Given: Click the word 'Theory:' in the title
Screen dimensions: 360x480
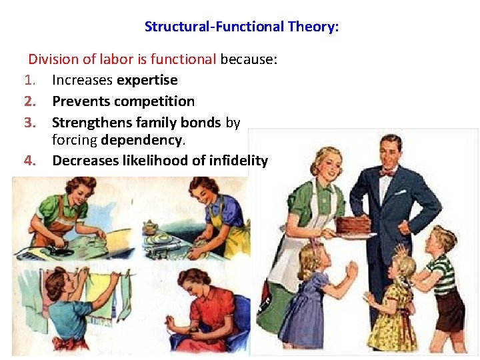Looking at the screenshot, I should click(313, 27).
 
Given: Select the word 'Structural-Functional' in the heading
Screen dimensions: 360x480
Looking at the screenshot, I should click(215, 27).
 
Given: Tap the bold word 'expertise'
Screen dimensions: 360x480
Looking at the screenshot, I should click(147, 80).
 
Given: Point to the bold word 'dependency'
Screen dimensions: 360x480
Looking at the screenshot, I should click(141, 140).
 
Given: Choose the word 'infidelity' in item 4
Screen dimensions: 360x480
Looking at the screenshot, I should click(238, 160).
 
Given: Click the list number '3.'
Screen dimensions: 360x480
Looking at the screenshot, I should click(30, 123).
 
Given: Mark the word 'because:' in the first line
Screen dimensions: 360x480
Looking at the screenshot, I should click(249, 59).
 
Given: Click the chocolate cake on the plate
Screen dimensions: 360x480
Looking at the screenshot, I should click(355, 224).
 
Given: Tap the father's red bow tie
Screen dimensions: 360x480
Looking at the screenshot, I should click(386, 171).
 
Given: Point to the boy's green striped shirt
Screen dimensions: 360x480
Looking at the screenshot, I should click(441, 273).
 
